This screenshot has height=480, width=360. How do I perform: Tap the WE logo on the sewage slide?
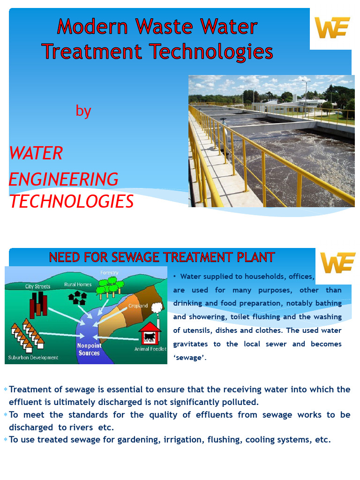click(337, 263)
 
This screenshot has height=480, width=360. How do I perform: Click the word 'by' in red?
click(83, 111)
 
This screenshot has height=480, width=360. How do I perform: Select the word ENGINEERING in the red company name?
click(64, 180)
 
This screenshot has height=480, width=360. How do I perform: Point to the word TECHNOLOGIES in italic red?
click(72, 202)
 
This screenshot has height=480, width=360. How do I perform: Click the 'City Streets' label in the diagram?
click(37, 286)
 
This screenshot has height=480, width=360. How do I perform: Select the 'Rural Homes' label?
click(78, 285)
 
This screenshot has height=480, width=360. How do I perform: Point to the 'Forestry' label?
click(109, 273)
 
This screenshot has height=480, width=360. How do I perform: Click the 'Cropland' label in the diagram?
click(138, 306)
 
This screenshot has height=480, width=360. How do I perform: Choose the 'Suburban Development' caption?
click(33, 358)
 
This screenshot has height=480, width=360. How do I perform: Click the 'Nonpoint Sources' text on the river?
click(89, 349)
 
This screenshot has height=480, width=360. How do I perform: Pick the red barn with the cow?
click(150, 333)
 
